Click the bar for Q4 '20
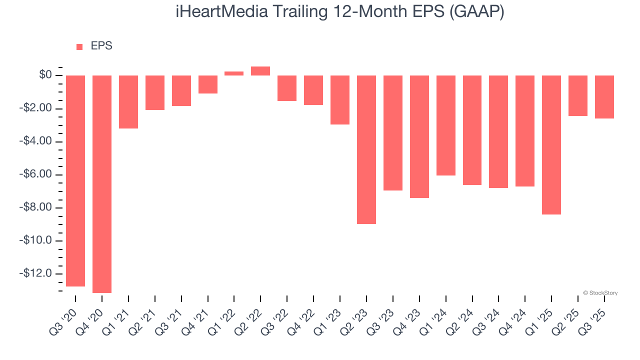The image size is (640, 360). (x=102, y=184)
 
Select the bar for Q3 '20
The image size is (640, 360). (x=75, y=181)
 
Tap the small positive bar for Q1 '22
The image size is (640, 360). (x=234, y=73)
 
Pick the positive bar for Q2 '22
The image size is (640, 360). (x=260, y=71)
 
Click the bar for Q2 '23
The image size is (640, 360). (x=366, y=149)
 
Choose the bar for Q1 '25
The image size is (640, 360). (x=551, y=145)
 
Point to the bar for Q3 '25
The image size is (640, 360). (x=604, y=97)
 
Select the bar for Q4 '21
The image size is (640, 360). (x=208, y=84)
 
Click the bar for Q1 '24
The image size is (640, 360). (x=446, y=125)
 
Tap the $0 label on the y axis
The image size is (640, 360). (x=45, y=75)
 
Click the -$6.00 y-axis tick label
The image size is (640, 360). (x=36, y=174)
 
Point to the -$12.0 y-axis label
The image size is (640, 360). (x=36, y=273)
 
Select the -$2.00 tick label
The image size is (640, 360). (x=36, y=108)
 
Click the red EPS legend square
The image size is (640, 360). (x=79, y=47)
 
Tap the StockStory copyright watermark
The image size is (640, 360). (x=600, y=293)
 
